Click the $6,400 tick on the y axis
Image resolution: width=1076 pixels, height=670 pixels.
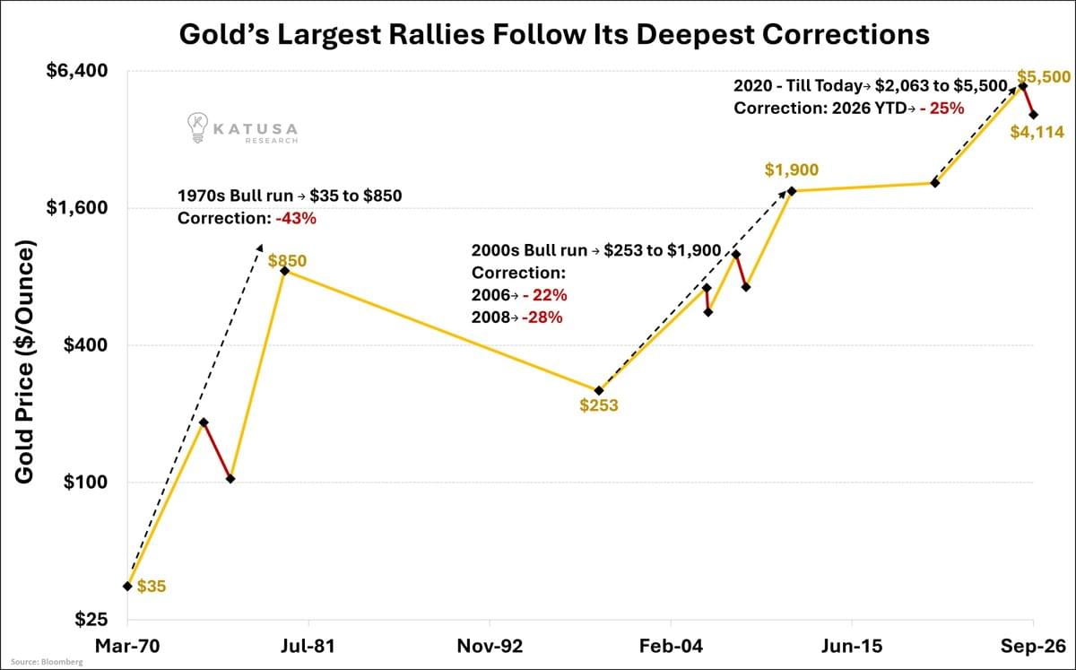click(77, 71)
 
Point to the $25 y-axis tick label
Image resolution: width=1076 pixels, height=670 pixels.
click(91, 619)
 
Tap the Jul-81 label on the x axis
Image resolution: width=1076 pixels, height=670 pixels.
click(308, 646)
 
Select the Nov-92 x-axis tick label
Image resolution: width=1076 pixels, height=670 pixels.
click(490, 646)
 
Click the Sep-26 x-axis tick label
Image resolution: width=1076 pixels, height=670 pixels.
click(1033, 646)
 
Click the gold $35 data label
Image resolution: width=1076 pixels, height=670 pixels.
click(152, 587)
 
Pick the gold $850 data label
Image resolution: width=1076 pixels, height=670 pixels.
click(287, 260)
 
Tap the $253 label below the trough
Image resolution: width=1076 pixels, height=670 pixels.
click(599, 405)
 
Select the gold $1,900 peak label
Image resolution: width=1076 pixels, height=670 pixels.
click(792, 170)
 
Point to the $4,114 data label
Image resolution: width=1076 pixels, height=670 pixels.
click(1037, 132)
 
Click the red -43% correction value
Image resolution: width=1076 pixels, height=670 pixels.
click(296, 218)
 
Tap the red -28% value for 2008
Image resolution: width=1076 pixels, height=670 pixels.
click(542, 318)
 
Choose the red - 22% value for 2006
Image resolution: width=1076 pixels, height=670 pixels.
click(545, 294)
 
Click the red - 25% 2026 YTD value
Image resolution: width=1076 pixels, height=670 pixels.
click(942, 109)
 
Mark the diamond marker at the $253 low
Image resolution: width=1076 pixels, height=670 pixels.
click(599, 390)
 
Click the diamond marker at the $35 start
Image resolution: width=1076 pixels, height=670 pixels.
click(127, 586)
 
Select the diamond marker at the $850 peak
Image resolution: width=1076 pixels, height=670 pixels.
click(284, 271)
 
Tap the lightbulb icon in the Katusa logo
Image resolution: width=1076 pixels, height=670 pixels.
click(197, 127)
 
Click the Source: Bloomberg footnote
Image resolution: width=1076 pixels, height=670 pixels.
click(47, 662)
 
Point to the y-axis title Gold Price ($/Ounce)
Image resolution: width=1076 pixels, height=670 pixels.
click(24, 361)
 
